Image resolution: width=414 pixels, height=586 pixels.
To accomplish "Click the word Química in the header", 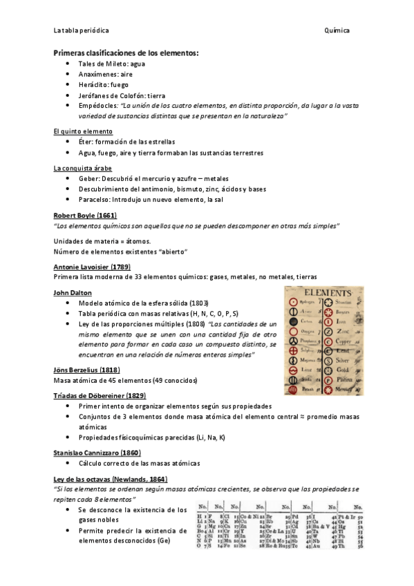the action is pyautogui.click(x=336, y=31).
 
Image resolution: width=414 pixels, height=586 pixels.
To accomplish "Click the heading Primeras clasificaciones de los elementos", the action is pyautogui.click(x=126, y=53).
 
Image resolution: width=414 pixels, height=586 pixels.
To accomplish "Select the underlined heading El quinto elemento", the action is pyautogui.click(x=83, y=131).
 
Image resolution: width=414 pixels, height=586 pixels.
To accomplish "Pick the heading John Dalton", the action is pyautogui.click(x=72, y=292).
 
